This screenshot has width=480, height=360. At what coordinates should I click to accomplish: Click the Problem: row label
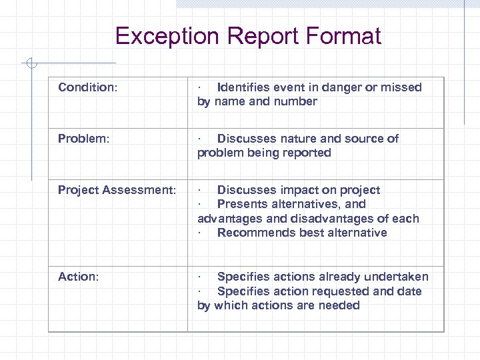pyautogui.click(x=82, y=139)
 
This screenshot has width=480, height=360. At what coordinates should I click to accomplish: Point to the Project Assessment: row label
pyautogui.click(x=117, y=190)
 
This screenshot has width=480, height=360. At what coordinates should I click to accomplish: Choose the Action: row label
pyautogui.click(x=78, y=277)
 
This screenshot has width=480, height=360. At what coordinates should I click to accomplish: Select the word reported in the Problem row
pyautogui.click(x=307, y=153)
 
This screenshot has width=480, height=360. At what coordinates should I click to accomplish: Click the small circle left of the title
pyautogui.click(x=30, y=63)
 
